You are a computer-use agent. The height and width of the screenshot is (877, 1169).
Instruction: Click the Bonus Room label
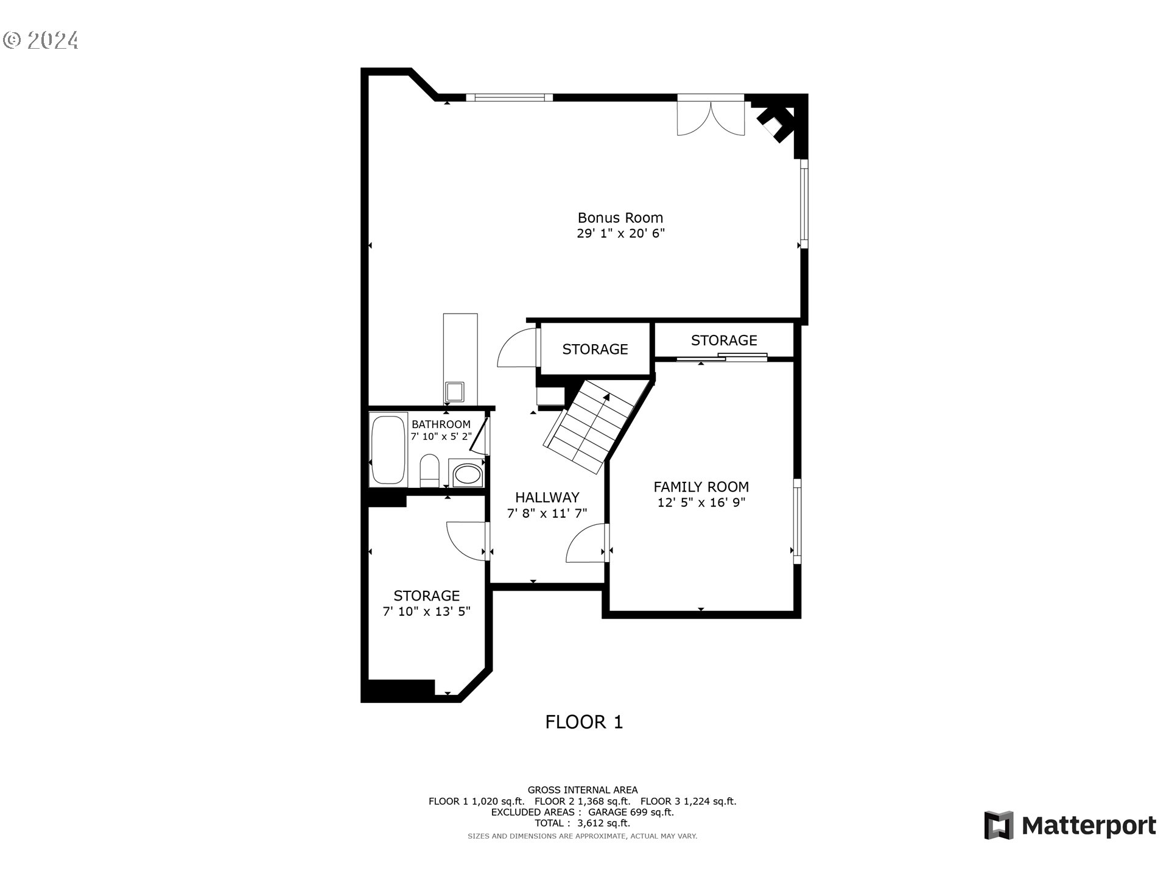pos(620,217)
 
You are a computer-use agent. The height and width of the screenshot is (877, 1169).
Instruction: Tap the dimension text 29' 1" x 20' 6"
pos(620,233)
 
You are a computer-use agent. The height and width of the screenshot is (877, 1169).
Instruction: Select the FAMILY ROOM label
pos(701,487)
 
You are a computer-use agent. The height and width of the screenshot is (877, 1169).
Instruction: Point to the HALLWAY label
pos(547,497)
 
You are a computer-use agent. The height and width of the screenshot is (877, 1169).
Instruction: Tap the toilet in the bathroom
pos(429,470)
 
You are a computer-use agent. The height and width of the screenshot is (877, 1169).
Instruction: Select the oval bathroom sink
pos(467,474)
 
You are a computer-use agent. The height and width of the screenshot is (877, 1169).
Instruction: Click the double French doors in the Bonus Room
pos(711,116)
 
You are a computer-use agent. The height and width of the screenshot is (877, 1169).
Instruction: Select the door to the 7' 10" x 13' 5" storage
pos(468,541)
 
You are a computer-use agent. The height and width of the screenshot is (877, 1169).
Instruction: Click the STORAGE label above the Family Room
pos(723,340)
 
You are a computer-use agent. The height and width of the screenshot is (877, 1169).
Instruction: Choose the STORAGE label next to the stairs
pos(595,349)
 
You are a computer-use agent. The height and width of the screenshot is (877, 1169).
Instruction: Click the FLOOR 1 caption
pos(584,722)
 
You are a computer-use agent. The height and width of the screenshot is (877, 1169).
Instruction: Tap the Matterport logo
pos(1070,826)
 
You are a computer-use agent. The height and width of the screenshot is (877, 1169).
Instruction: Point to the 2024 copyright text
pos(41,40)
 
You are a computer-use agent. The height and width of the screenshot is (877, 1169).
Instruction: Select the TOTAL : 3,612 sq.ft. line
pos(582,823)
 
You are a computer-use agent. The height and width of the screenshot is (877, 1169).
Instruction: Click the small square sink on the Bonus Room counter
pos(454,390)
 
